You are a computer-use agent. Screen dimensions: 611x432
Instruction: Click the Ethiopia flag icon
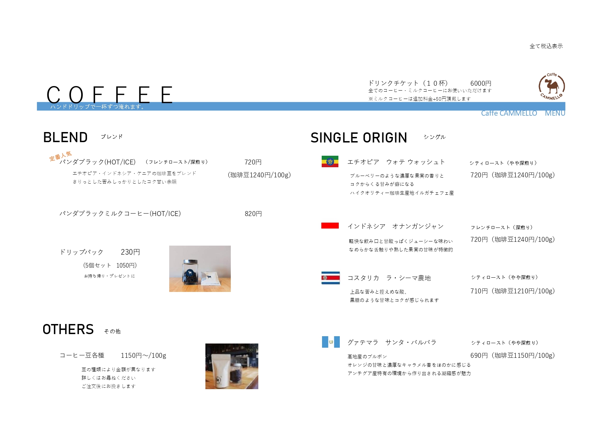(x=330, y=161)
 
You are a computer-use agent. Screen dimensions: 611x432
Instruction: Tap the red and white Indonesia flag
(x=330, y=226)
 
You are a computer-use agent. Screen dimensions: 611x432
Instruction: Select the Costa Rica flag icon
(x=330, y=278)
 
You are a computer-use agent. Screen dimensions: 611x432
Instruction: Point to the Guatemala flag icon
(x=331, y=342)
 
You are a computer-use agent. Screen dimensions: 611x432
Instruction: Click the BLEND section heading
(x=65, y=138)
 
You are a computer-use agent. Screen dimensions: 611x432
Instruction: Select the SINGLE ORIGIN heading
(x=359, y=138)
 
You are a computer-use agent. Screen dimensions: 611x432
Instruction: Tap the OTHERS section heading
(x=68, y=330)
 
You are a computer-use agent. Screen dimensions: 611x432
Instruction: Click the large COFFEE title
(x=110, y=94)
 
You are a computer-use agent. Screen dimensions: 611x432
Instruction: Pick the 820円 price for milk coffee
(x=253, y=214)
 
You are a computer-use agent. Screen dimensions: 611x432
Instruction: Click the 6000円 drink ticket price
(x=481, y=83)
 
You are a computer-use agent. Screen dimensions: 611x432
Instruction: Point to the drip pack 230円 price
(x=130, y=252)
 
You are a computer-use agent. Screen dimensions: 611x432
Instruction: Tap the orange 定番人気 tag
(x=61, y=156)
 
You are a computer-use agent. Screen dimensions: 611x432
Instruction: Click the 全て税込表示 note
(x=546, y=46)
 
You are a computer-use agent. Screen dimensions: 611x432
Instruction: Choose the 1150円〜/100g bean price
(x=143, y=355)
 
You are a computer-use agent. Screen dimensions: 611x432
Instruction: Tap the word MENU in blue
(x=555, y=113)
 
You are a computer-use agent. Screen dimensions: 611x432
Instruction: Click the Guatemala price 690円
(x=479, y=355)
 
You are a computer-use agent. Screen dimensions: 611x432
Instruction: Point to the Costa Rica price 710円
(x=479, y=291)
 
